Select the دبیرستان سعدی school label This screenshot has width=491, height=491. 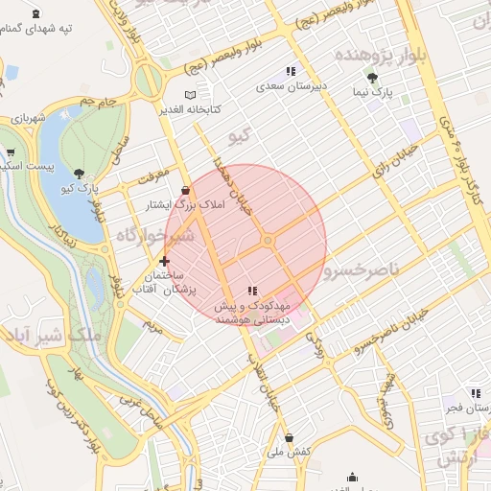(292, 85)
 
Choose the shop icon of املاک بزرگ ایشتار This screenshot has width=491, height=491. (184, 191)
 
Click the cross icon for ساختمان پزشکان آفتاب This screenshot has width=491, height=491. (165, 261)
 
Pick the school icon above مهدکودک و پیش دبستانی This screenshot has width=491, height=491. (252, 291)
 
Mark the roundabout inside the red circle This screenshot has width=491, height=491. (269, 240)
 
